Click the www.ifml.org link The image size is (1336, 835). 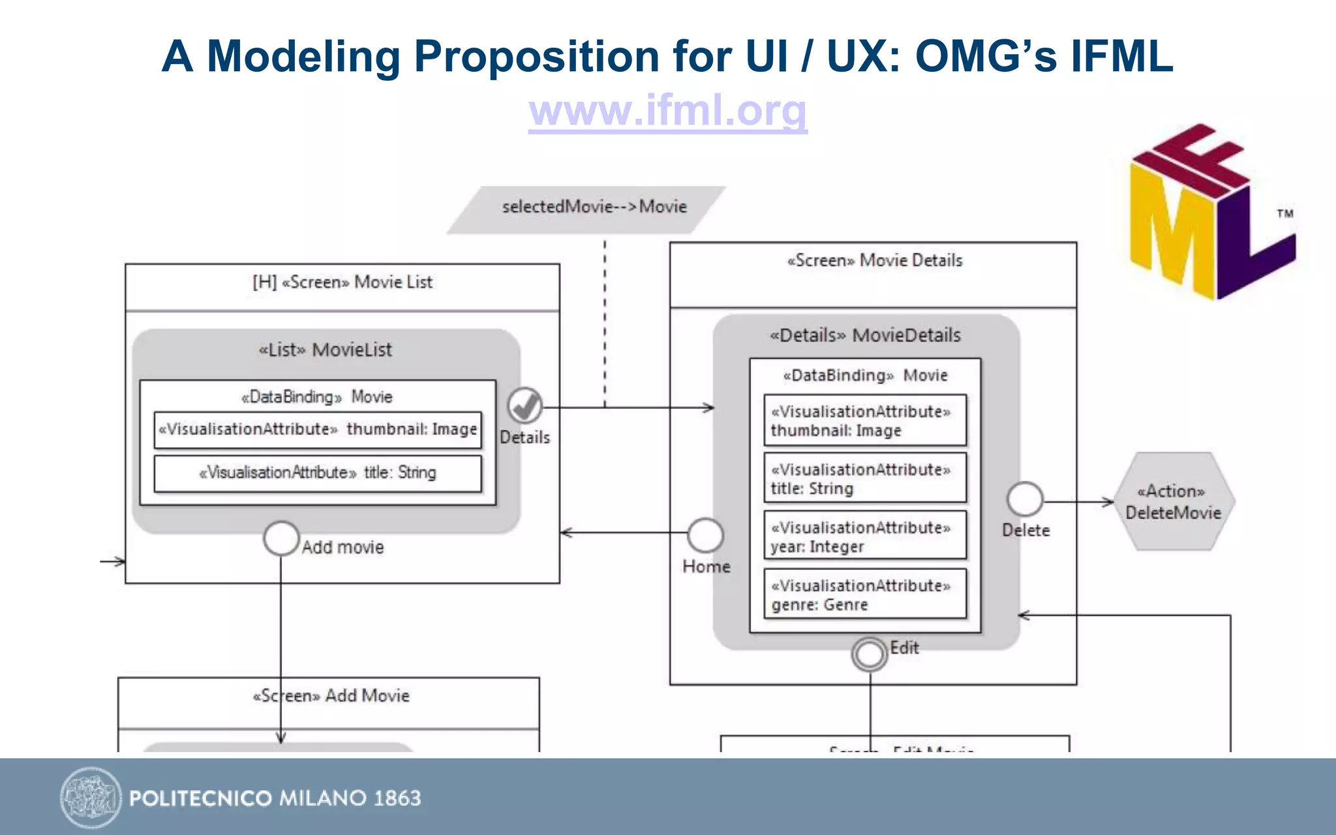[667, 110]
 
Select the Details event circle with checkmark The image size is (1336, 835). [525, 405]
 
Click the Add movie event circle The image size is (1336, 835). [281, 539]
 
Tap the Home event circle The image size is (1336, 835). [705, 536]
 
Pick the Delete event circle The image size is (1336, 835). [1025, 500]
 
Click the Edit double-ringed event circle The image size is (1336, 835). [869, 654]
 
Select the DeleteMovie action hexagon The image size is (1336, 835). [1173, 502]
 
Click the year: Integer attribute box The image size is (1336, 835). [864, 536]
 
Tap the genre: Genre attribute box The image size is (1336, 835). [864, 594]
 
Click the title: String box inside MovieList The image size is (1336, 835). [318, 473]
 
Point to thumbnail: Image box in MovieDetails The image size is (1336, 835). [864, 421]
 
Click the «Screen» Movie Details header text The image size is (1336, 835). [874, 261]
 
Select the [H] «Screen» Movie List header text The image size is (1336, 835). [342, 282]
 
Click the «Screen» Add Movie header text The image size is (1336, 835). [331, 696]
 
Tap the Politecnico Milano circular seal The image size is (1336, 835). [91, 797]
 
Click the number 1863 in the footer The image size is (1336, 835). [397, 798]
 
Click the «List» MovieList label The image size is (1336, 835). [326, 350]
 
